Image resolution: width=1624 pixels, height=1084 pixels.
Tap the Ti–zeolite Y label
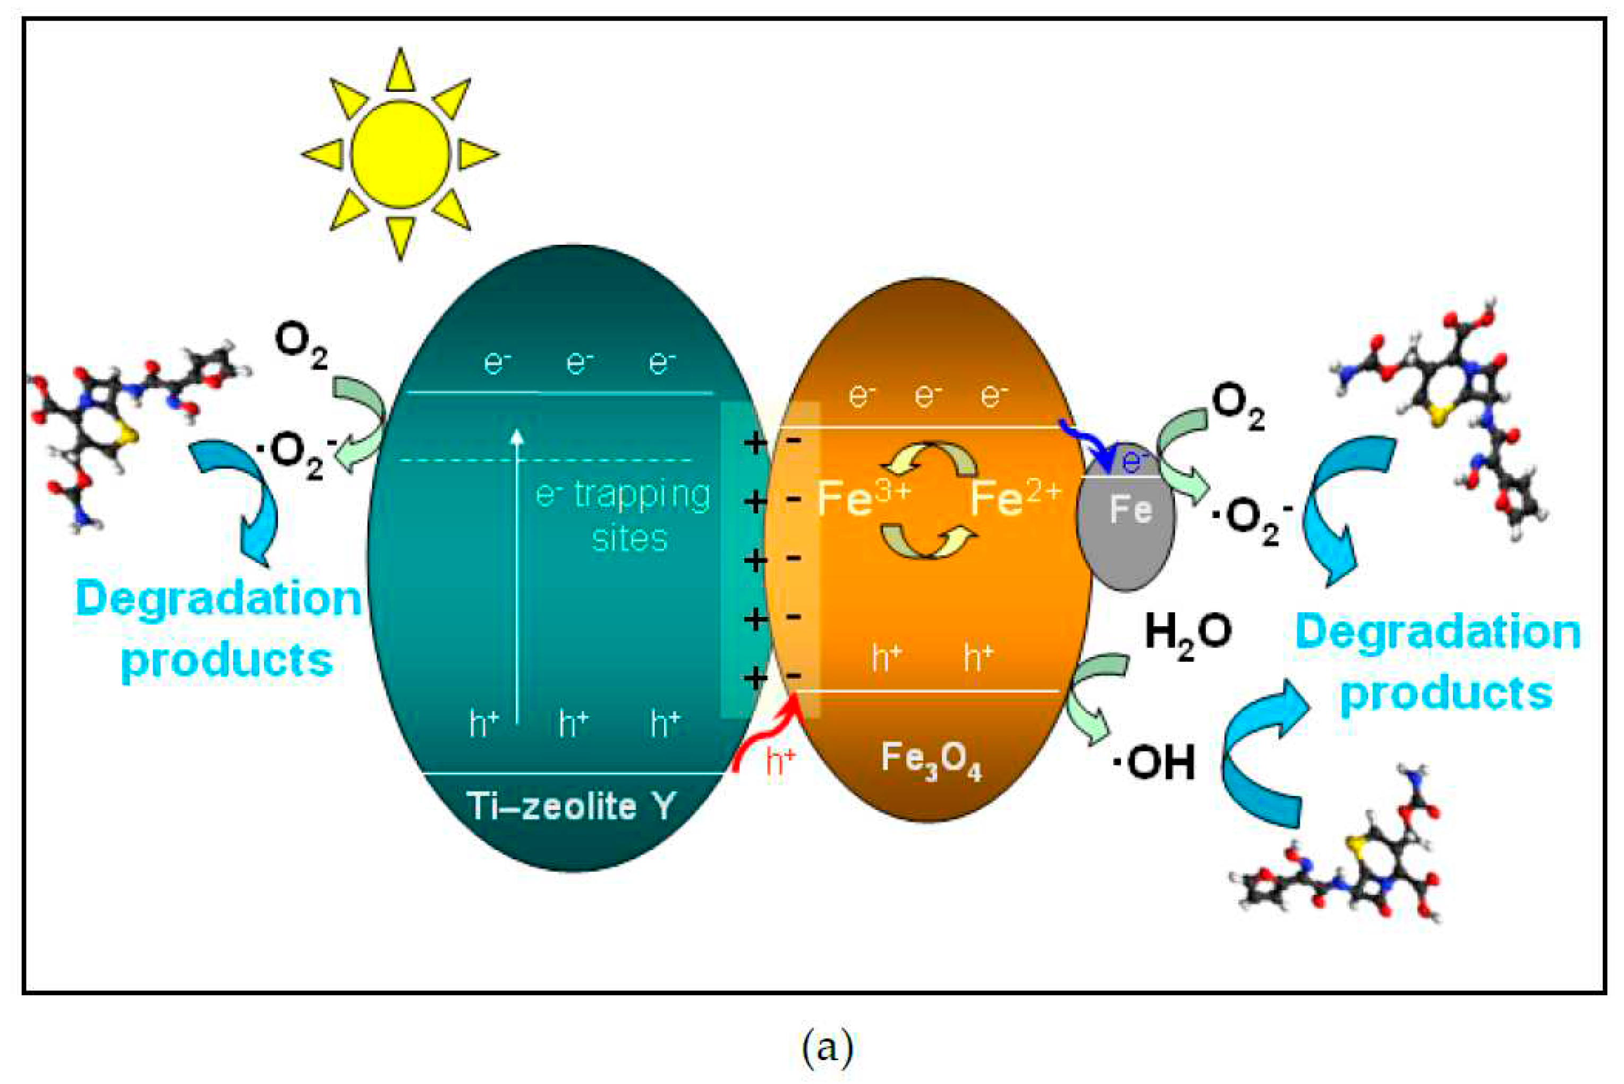click(x=571, y=805)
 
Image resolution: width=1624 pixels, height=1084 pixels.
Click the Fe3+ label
click(x=863, y=498)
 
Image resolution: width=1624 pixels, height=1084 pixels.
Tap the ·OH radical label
click(x=1154, y=763)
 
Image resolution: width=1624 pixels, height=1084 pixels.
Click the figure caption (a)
click(x=827, y=1047)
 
